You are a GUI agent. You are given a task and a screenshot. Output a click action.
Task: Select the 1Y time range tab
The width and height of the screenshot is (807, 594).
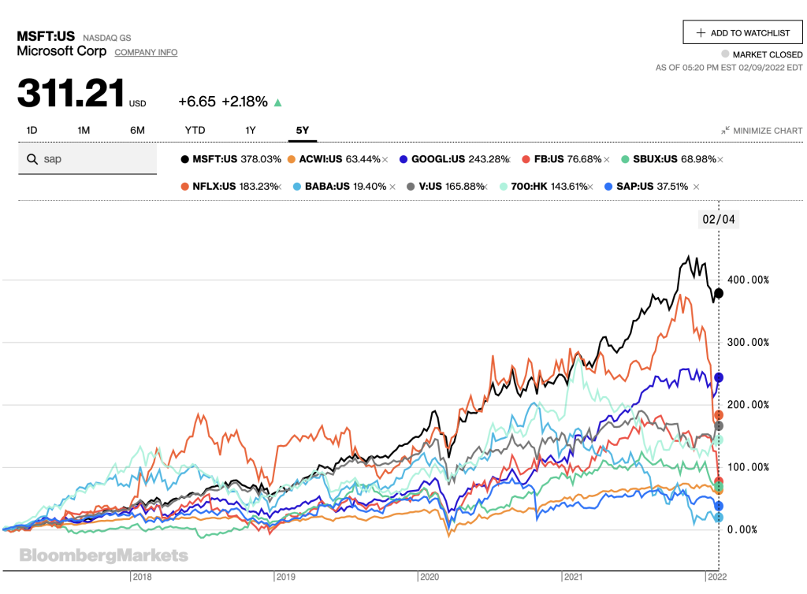click(x=251, y=130)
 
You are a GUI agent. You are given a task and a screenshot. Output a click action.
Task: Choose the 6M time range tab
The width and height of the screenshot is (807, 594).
click(x=137, y=130)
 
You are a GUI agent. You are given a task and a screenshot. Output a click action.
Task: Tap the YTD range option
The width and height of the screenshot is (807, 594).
click(x=195, y=130)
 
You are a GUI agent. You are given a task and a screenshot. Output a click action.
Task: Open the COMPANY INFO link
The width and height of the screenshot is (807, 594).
click(x=146, y=52)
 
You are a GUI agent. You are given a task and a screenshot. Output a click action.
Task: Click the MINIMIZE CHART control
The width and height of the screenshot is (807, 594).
click(x=761, y=131)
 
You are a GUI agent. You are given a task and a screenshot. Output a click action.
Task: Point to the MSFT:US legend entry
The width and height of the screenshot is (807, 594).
click(x=232, y=159)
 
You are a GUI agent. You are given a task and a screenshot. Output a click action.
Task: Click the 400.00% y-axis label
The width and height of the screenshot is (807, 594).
click(x=747, y=280)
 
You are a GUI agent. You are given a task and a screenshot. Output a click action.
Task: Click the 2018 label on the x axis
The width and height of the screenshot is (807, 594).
click(x=144, y=577)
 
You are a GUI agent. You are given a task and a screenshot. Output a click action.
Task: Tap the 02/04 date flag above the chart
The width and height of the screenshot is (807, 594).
click(x=718, y=220)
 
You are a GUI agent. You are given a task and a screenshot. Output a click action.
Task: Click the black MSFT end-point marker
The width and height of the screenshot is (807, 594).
click(x=718, y=293)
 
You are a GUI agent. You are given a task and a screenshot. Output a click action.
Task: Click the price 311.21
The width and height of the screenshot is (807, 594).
click(x=71, y=94)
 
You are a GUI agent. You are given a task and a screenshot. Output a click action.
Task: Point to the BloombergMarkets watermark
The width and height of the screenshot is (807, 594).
click(x=104, y=555)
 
